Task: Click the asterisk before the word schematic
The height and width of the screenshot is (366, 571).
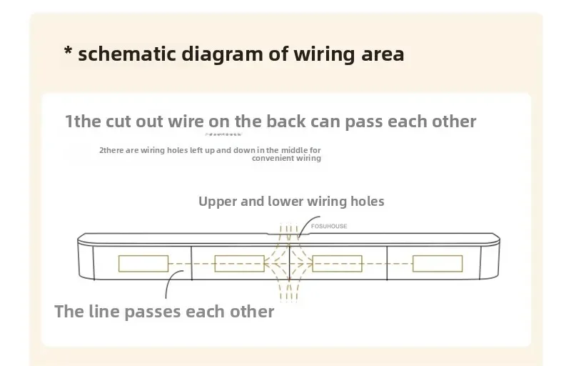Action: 69,52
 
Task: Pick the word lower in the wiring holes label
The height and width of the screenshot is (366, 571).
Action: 285,202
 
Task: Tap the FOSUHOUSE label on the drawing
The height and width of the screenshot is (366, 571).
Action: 329,226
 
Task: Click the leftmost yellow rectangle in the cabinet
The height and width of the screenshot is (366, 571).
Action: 143,264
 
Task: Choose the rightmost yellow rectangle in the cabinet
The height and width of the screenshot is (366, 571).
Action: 437,264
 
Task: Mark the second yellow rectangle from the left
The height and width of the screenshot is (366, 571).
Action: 240,264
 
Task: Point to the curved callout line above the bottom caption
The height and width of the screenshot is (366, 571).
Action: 168,283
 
